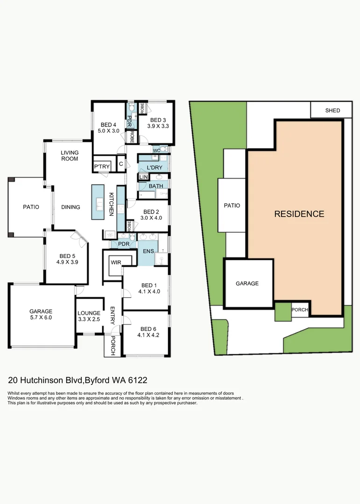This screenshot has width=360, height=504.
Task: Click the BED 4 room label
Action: pos(108,125)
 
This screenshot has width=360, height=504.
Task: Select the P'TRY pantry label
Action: pos(102,167)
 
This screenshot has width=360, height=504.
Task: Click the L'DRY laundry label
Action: pos(154,167)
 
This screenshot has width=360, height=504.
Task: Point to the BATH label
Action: pos(156,186)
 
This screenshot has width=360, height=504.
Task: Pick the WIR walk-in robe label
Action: pos(115,262)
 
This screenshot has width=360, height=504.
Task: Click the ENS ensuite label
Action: pos(148,251)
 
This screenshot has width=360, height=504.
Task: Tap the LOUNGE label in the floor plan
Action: pos(89,313)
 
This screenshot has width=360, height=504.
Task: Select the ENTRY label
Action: pos(113,315)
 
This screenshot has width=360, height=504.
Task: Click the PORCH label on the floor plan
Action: pos(113,346)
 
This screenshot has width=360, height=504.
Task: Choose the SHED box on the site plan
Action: pos(332,111)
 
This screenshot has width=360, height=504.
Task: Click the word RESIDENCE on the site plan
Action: pos(299,214)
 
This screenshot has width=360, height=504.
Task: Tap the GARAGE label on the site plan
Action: pos(247,283)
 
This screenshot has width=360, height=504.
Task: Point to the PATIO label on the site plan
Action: pos(232,205)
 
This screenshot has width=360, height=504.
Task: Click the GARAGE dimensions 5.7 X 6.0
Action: pos(41,317)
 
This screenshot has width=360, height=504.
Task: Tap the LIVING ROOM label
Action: pos(70,155)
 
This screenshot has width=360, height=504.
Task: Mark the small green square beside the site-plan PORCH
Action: pos(282,312)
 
